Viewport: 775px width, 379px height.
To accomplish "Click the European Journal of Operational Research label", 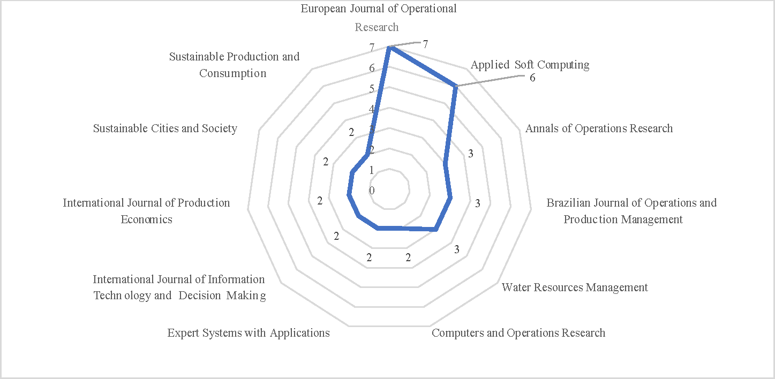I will tap(378, 18).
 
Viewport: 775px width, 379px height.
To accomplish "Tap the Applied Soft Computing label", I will tap(530, 65).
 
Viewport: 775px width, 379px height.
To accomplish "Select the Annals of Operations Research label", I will tap(599, 128).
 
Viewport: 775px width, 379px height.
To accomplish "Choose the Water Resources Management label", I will tap(575, 287).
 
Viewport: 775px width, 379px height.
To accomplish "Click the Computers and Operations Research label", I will tap(518, 333).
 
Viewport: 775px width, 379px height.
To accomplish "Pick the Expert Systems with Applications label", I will tap(249, 333).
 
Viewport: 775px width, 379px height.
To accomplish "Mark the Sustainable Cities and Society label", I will tap(165, 128).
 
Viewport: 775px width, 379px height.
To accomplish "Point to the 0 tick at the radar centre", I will tap(372, 191).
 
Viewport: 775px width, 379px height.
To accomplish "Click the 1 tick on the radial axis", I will tap(372, 170).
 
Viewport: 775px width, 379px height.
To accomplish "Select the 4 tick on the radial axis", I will tap(372, 109).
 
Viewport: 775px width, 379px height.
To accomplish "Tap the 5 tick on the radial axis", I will tap(372, 89).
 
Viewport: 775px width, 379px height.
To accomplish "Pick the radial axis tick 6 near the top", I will tap(372, 69).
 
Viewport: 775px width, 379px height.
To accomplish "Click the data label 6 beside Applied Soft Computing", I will tap(532, 78).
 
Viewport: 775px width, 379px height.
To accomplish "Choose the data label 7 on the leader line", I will tap(425, 44).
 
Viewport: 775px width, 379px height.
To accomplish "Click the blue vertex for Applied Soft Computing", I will tap(455, 86).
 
